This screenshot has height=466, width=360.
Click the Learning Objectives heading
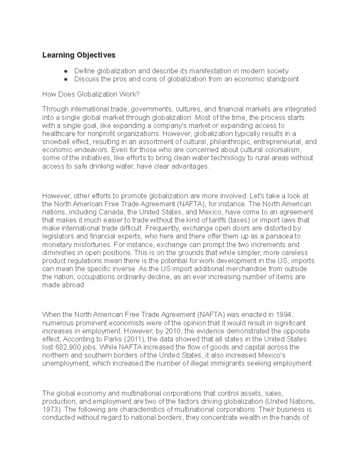pos(79,55)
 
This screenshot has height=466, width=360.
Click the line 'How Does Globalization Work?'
pos(91,95)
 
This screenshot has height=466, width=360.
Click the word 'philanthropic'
pos(229,142)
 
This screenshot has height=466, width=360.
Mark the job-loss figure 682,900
pos(67,347)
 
